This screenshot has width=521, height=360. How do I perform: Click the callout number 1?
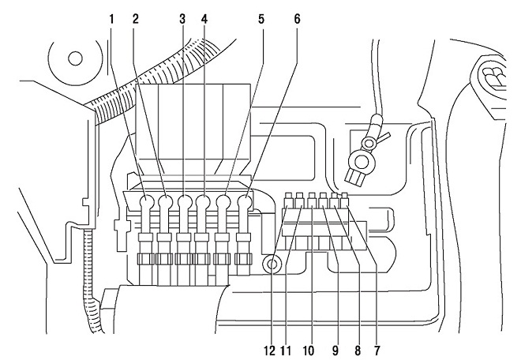(112, 19)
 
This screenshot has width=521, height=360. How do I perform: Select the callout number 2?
(135, 19)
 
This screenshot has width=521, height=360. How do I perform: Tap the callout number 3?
(182, 19)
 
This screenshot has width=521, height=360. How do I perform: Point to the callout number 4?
(204, 19)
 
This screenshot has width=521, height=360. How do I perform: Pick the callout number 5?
(261, 19)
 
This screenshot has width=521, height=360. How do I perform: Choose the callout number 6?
(297, 19)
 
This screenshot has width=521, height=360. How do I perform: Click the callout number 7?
(377, 351)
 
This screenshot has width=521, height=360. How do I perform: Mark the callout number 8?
(358, 351)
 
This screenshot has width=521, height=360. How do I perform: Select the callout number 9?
(335, 351)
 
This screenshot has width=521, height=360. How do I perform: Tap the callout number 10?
(309, 351)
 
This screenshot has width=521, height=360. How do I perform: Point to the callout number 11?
(286, 351)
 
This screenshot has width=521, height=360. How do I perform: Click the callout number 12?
(270, 351)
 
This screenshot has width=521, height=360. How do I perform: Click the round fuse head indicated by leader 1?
(146, 202)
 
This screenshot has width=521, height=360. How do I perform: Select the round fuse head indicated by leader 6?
(245, 202)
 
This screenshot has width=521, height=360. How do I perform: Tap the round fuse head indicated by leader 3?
(185, 202)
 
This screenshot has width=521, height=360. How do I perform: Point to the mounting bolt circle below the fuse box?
(272, 264)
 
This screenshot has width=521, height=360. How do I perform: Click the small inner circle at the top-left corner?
(75, 58)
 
